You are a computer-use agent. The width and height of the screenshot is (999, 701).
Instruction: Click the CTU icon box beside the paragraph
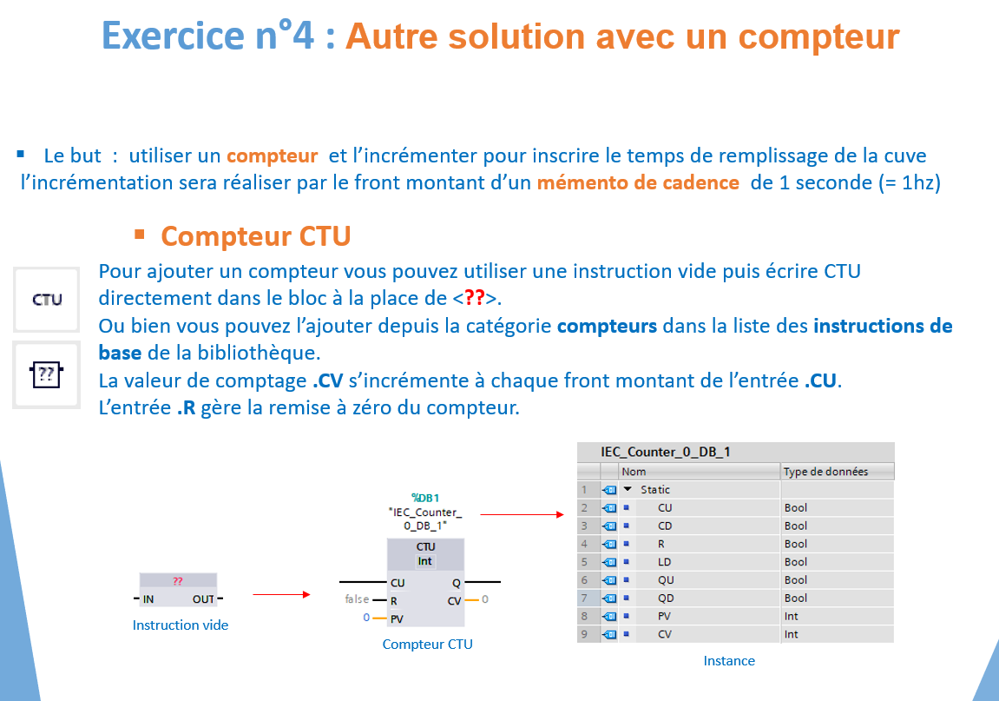pos(47,299)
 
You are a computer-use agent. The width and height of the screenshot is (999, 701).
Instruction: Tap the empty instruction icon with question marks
pos(47,374)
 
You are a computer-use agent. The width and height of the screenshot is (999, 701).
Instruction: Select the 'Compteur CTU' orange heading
pos(255,236)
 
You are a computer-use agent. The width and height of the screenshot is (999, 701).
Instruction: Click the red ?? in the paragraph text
pos(475,298)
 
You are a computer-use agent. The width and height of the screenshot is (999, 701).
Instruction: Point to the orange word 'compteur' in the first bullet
pos(272,156)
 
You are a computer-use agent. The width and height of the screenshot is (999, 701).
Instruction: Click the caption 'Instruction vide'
pos(181,625)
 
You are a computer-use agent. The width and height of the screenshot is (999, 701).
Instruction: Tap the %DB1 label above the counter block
pos(425,498)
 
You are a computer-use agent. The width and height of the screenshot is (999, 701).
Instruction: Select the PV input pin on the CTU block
pos(397,618)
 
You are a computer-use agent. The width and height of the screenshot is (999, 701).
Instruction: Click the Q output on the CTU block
pos(457,583)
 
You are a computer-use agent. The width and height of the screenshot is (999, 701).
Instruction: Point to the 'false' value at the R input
pos(357,599)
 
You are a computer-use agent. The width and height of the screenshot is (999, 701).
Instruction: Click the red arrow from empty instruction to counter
pos(281,594)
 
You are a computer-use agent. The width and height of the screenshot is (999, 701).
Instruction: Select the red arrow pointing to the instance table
pos(523,514)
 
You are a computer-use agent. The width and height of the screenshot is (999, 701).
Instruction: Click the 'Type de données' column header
pos(825,472)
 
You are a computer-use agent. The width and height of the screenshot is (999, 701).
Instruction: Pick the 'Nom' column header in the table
pos(634,472)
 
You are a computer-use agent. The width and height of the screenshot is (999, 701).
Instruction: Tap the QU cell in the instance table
pos(666,579)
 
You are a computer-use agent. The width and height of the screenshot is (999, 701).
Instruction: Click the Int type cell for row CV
pos(791,634)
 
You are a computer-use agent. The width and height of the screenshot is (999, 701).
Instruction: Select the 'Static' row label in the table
pos(655,489)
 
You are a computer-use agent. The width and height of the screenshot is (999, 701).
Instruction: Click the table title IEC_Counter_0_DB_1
pos(665,452)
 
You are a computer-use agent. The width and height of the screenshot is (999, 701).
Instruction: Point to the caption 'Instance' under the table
pos(729,661)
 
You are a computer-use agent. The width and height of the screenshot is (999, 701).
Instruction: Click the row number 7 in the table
pos(584,598)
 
